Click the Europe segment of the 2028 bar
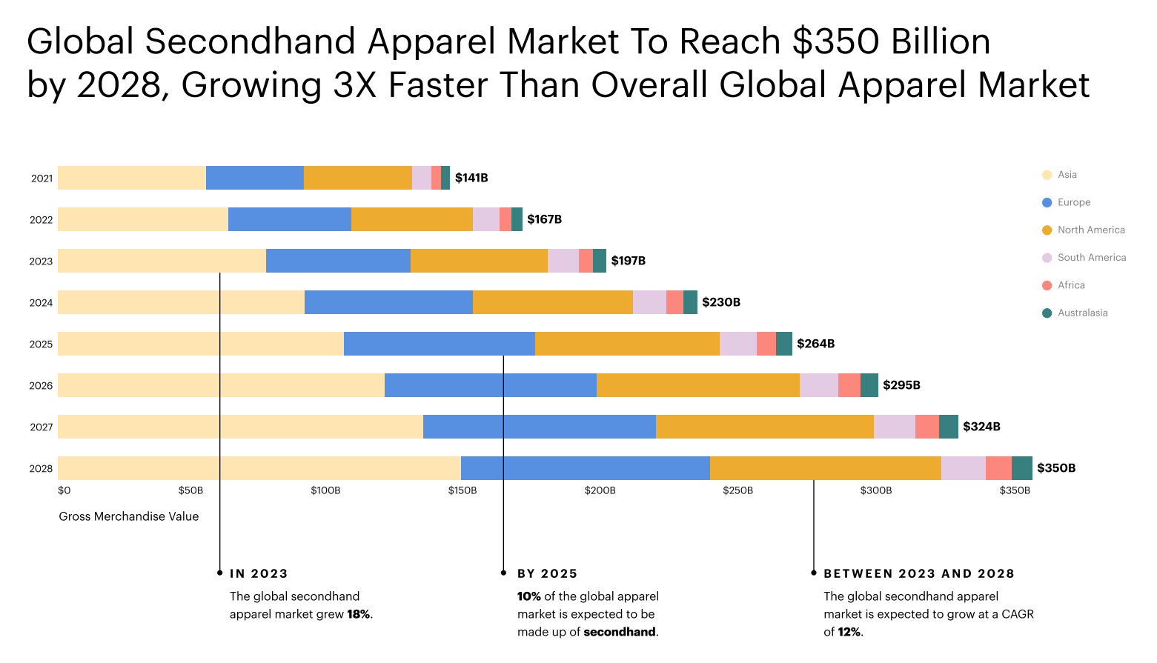(585, 468)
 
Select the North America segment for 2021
(357, 178)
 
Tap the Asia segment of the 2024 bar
(181, 302)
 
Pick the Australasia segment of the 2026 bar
(869, 385)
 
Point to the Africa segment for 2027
(926, 427)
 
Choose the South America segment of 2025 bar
(737, 344)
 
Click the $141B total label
(471, 178)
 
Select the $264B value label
(815, 344)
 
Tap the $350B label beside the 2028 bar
(1055, 468)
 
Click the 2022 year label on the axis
(42, 220)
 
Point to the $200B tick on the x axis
(600, 490)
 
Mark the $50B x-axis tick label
(190, 490)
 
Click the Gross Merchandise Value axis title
(129, 516)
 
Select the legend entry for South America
(1091, 258)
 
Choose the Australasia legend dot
(1047, 313)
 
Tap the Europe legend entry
(1073, 202)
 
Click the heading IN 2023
(259, 573)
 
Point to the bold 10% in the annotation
(529, 596)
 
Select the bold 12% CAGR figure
(849, 632)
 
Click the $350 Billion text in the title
(891, 41)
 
